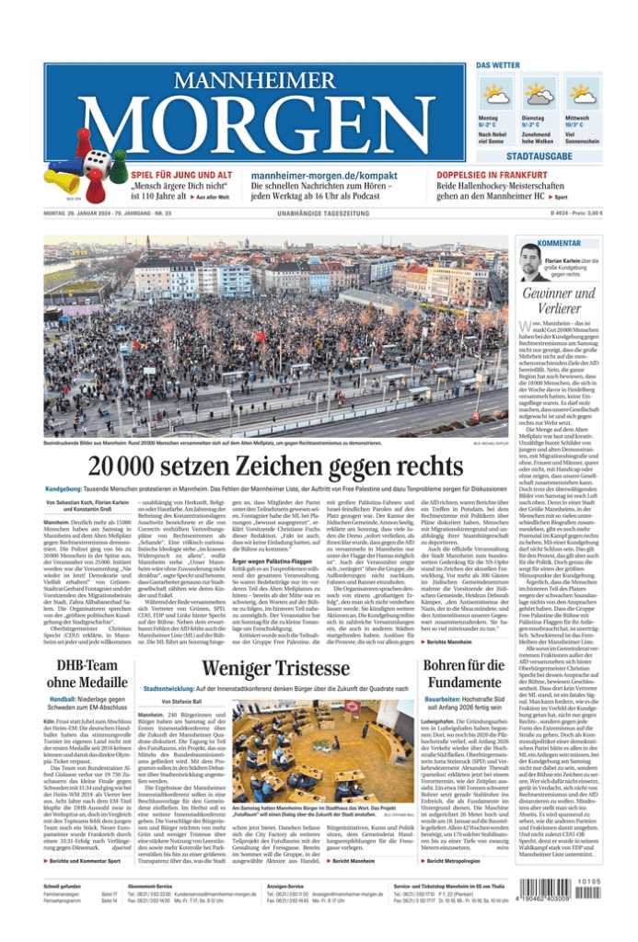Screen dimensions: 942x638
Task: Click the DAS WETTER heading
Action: click(x=498, y=67)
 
